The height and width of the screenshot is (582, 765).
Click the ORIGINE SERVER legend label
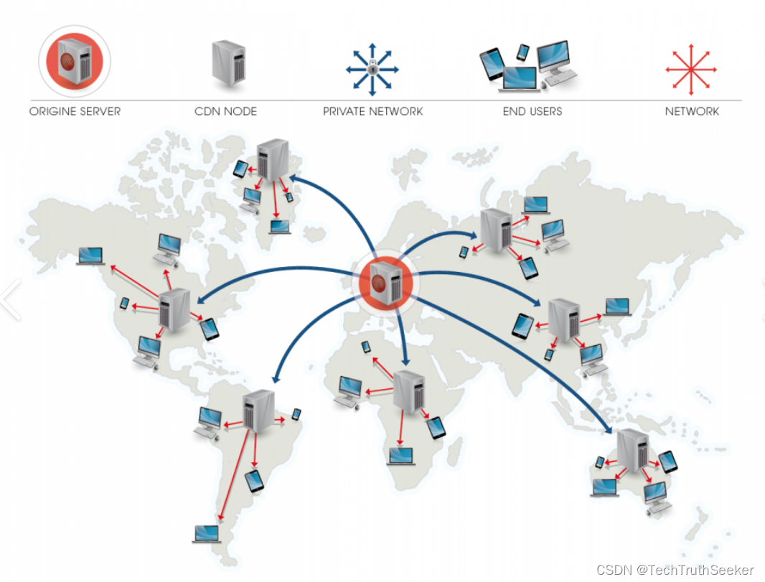pyautogui.click(x=75, y=111)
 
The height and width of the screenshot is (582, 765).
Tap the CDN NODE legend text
pyautogui.click(x=225, y=111)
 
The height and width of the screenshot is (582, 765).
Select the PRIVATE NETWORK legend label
pyautogui.click(x=372, y=111)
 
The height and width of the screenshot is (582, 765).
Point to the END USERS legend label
pyautogui.click(x=532, y=111)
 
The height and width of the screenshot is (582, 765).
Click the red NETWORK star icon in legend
pyautogui.click(x=691, y=70)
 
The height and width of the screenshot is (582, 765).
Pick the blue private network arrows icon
pyautogui.click(x=372, y=70)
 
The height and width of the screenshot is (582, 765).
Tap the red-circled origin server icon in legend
pyautogui.click(x=75, y=61)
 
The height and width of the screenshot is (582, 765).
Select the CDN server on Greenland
pyautogui.click(x=273, y=159)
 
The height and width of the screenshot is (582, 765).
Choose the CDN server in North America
pyautogui.click(x=174, y=309)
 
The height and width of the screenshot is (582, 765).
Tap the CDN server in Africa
pyautogui.click(x=409, y=391)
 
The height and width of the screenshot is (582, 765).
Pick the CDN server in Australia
pyautogui.click(x=632, y=449)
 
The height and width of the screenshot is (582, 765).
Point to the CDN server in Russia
pyautogui.click(x=496, y=229)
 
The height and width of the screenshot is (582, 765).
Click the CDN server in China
pyautogui.click(x=564, y=321)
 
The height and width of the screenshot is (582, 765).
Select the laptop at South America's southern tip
pyautogui.click(x=207, y=533)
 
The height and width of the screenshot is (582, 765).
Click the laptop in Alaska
pyautogui.click(x=90, y=255)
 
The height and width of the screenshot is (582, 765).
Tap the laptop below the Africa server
pyautogui.click(x=402, y=456)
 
